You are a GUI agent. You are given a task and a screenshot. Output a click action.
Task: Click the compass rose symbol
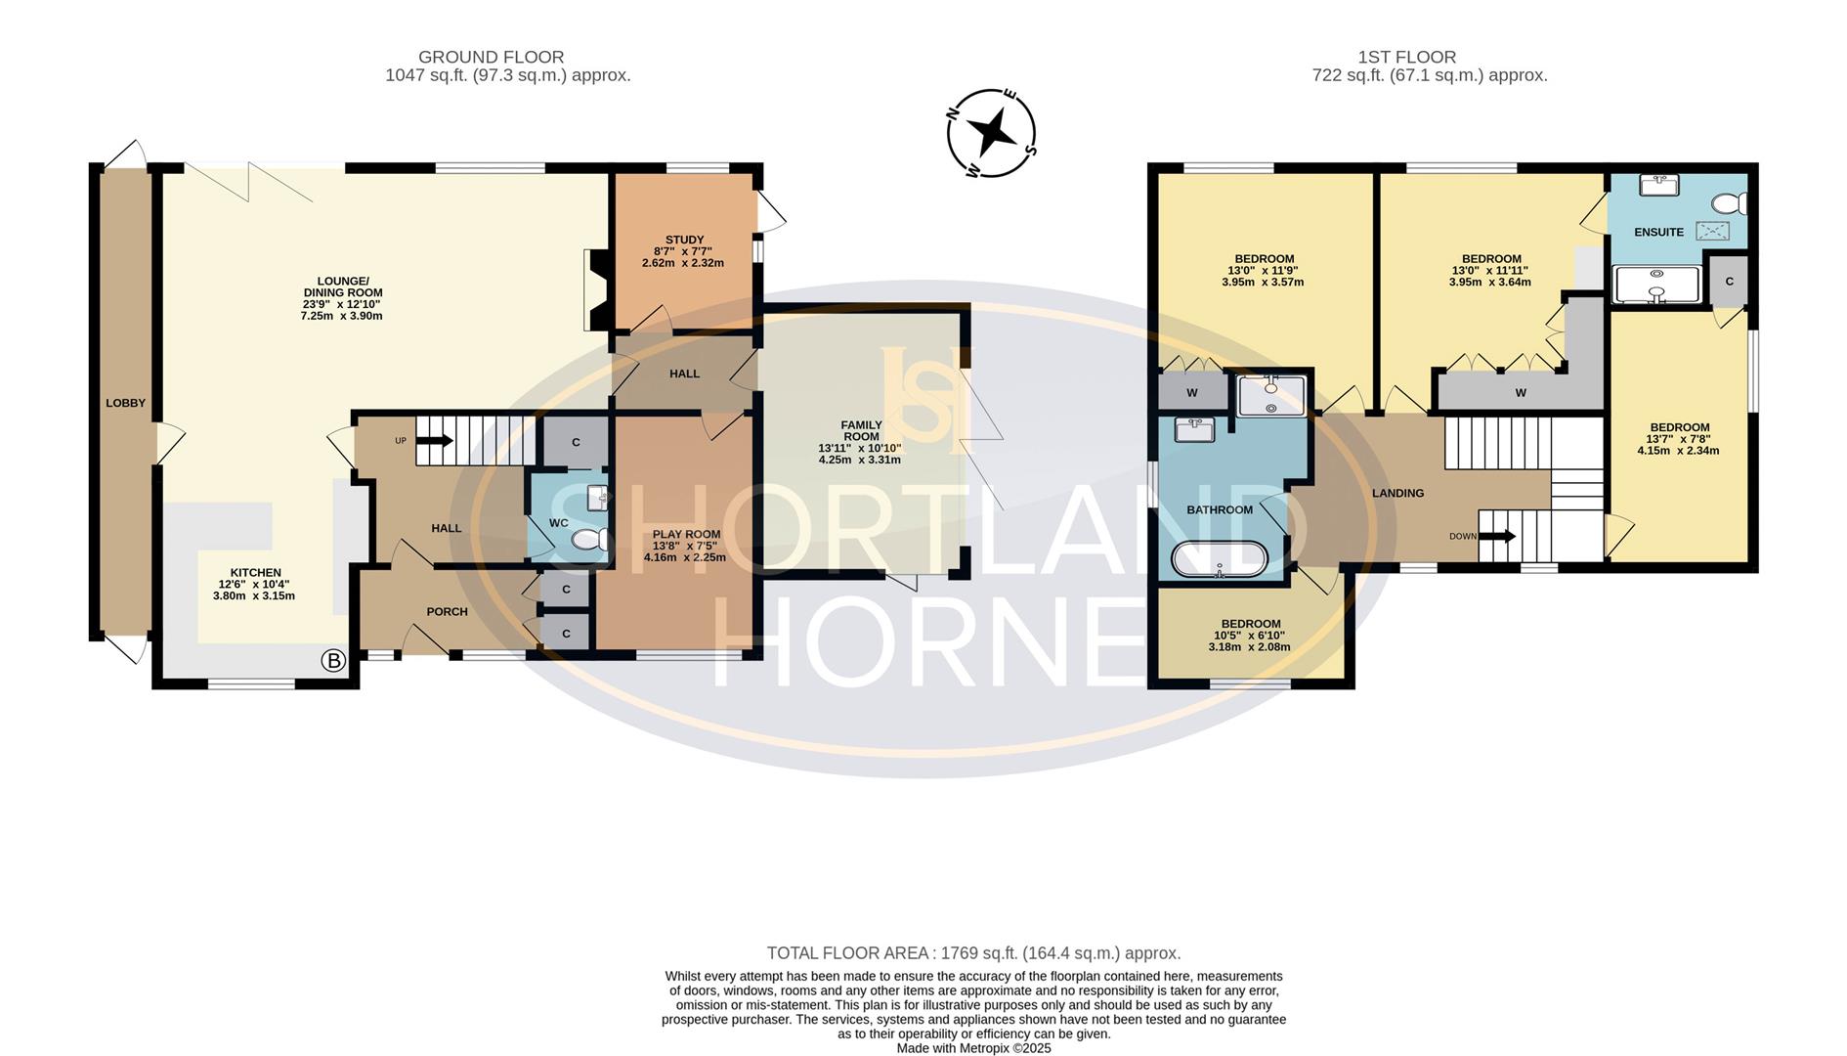click(x=991, y=133)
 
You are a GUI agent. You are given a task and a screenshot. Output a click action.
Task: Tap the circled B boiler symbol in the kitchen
click(x=333, y=661)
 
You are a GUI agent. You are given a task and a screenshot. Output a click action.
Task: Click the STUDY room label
click(x=684, y=240)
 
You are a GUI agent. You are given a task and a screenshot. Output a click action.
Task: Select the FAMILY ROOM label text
click(x=861, y=431)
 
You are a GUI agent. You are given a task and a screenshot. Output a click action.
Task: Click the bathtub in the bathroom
click(x=1220, y=560)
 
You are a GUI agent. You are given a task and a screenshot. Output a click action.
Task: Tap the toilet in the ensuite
click(x=1731, y=203)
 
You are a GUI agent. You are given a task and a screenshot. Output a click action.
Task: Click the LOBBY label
click(x=125, y=403)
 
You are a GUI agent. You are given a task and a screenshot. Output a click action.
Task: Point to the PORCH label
click(x=447, y=612)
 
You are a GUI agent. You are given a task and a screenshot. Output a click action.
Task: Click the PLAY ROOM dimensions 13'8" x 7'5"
click(x=686, y=546)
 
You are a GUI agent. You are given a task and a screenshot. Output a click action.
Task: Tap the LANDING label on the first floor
click(x=1397, y=493)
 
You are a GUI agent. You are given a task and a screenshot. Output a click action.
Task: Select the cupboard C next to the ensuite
click(x=1729, y=282)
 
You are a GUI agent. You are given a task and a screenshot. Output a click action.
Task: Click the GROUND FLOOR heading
click(x=491, y=58)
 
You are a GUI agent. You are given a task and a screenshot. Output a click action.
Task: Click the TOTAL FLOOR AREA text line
click(x=973, y=952)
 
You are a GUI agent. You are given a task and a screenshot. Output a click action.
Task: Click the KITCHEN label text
click(x=255, y=573)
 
